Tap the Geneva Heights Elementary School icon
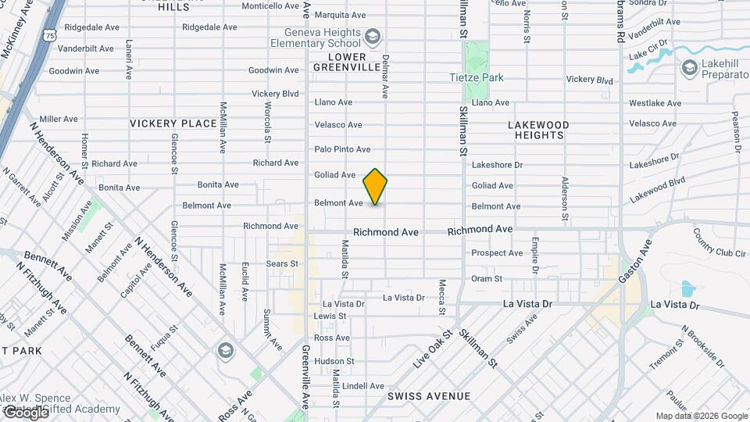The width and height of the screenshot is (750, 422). (x=373, y=36)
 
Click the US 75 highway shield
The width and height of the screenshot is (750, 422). (x=51, y=36)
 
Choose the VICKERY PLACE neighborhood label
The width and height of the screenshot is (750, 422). (x=173, y=123)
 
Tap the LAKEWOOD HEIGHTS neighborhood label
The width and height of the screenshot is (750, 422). (x=539, y=130)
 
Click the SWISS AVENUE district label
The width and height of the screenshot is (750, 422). (x=429, y=396)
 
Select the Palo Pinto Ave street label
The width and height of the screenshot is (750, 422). (x=342, y=149)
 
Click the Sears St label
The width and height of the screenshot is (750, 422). (x=283, y=264)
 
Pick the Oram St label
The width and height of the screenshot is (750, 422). (x=486, y=278)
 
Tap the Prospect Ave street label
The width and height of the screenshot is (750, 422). (x=497, y=253)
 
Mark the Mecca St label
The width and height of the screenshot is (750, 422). (x=442, y=297)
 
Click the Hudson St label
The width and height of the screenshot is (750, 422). (x=334, y=361)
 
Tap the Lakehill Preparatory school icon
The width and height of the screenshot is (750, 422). (x=689, y=69)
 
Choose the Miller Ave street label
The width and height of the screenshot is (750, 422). (x=59, y=119)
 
